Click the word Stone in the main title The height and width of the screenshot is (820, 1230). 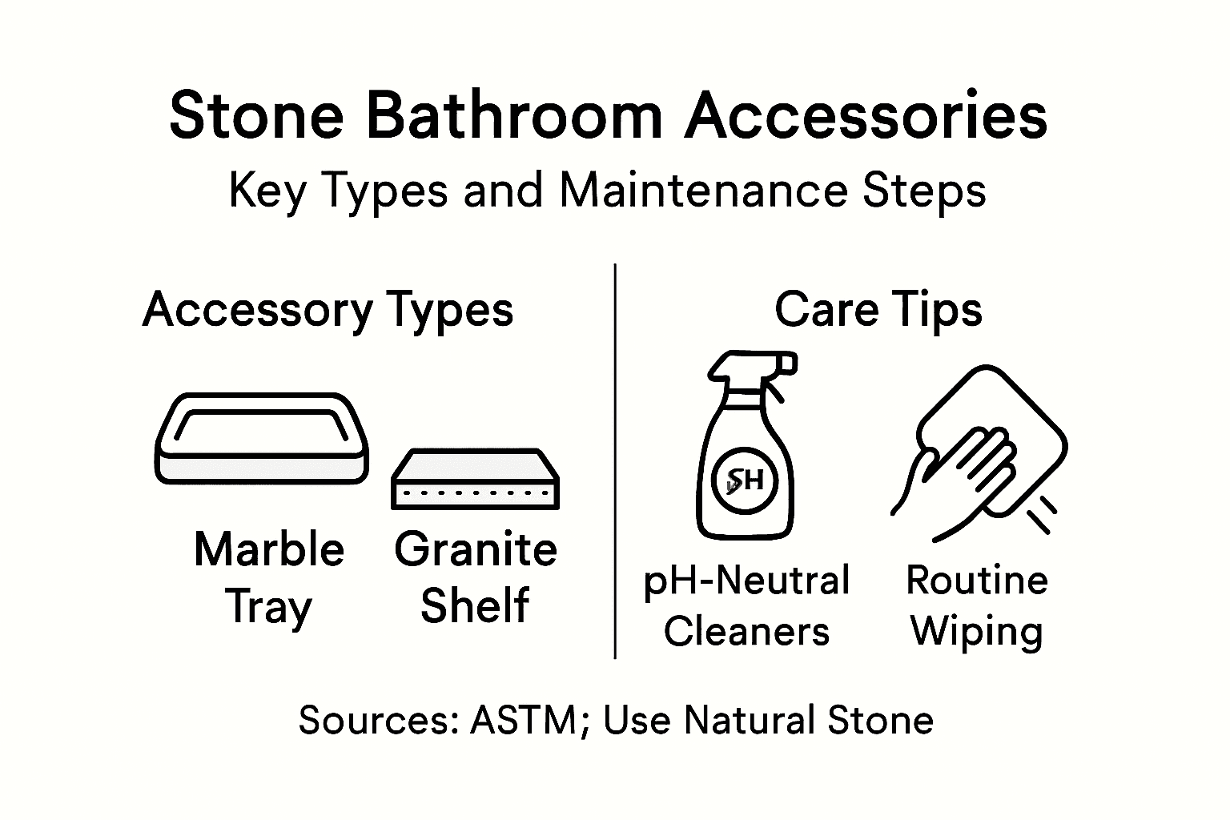tap(256, 116)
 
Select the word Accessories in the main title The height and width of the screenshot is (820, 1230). tap(866, 116)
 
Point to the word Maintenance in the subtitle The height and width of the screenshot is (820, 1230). tap(704, 191)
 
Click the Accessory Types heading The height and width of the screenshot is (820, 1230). tap(328, 310)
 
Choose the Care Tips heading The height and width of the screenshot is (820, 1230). tap(878, 310)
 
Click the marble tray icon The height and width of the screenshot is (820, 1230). tap(261, 438)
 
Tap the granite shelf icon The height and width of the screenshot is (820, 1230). tap(475, 479)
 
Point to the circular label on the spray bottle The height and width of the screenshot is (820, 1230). tap(746, 480)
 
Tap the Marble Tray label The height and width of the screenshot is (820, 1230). tap(269, 577)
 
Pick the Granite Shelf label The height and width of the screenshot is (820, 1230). tap(476, 577)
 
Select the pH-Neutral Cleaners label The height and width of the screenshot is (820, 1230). tap(746, 605)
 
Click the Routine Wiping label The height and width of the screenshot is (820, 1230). tap(977, 605)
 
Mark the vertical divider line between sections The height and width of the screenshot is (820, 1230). tap(614, 460)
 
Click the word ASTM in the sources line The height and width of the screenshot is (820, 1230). tap(523, 720)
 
